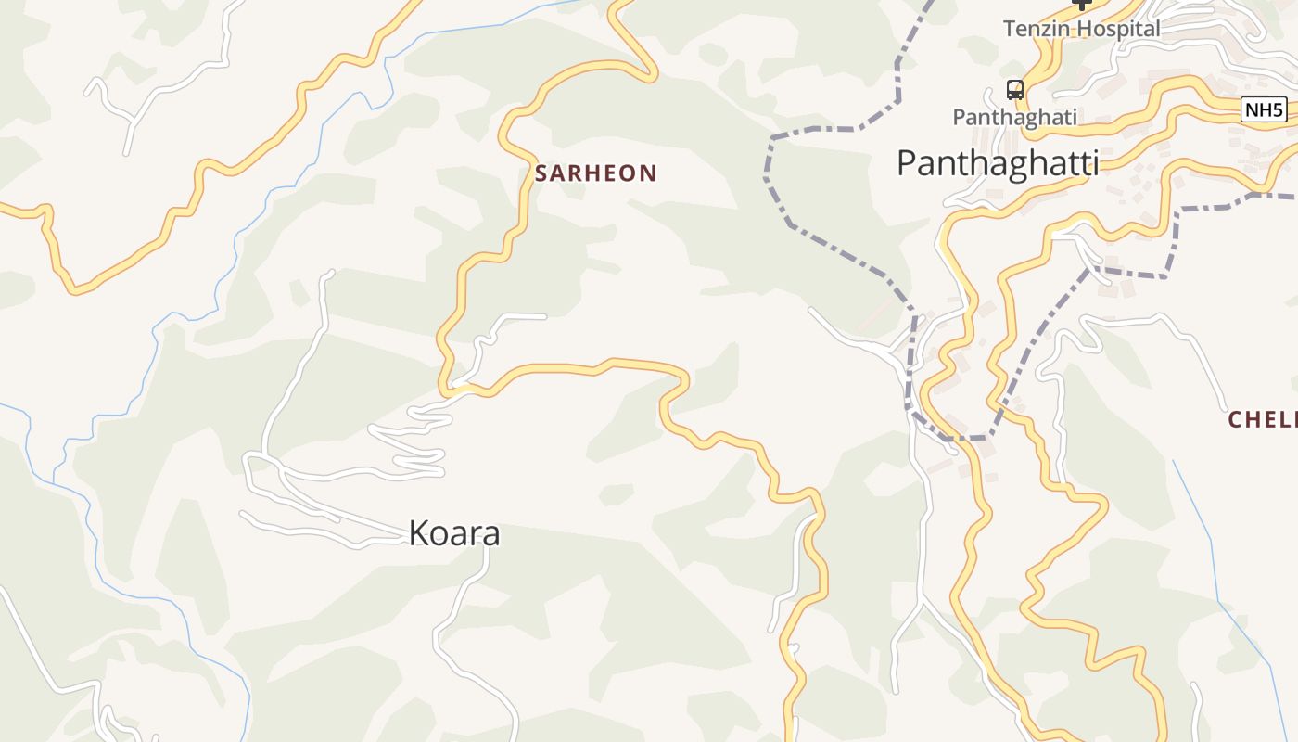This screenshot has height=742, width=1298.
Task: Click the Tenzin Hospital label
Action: (1081, 29)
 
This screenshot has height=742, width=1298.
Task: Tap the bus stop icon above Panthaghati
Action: (1015, 90)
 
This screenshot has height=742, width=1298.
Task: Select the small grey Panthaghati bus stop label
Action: (1015, 117)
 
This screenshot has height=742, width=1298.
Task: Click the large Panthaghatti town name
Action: (998, 163)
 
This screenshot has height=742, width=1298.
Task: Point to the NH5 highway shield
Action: (1264, 110)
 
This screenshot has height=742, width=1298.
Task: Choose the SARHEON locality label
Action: (596, 173)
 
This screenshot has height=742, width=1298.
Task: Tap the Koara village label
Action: (454, 533)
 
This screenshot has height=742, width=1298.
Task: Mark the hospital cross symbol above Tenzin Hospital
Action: (1081, 4)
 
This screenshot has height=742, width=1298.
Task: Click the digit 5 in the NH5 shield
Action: (1277, 110)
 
